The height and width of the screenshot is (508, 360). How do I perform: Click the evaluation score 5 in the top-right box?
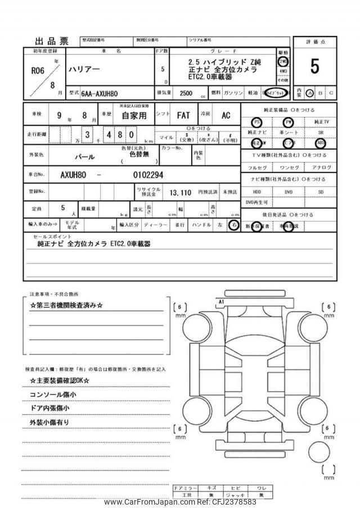314,67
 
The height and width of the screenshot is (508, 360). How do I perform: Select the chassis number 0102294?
148,175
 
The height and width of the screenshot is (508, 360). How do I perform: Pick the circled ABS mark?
321,143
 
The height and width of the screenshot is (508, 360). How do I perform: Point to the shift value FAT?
183,115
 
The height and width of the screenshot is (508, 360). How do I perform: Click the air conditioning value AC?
226,115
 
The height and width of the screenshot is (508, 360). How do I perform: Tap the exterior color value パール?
85,157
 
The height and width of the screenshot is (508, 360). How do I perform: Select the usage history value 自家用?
133,116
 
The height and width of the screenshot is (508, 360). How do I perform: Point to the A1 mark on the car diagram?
221,302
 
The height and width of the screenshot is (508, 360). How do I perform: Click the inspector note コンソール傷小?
53,394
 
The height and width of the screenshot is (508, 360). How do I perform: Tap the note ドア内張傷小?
49,408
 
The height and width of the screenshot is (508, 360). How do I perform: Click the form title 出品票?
51,40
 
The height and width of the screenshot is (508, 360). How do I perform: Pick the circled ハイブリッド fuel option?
276,93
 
